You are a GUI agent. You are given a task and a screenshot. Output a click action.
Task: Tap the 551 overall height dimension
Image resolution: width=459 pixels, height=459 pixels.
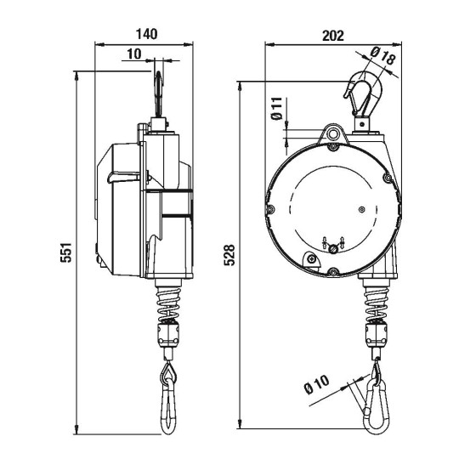click(x=65, y=252)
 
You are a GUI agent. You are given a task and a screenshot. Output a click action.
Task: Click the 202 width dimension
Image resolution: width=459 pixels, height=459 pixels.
click(x=333, y=35)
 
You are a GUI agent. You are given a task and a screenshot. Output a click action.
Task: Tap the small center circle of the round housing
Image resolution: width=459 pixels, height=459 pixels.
click(x=361, y=208)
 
